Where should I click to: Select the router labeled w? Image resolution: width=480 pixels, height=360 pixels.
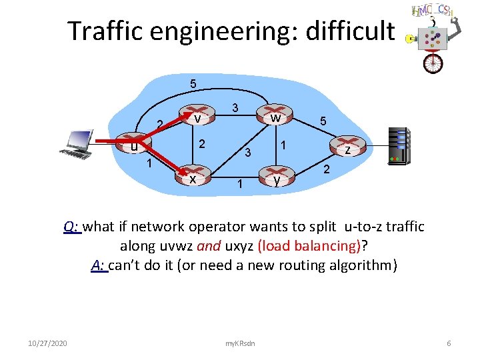click(x=273, y=116)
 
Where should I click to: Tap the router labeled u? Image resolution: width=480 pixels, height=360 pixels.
click(x=134, y=144)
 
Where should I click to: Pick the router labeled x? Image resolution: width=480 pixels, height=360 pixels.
click(x=193, y=177)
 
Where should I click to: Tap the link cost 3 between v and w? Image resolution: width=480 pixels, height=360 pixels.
click(x=235, y=107)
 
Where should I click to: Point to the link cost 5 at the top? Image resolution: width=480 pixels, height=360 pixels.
click(x=193, y=84)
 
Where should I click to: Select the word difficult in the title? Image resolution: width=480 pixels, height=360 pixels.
click(x=350, y=31)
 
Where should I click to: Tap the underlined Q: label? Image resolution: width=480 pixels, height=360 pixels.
click(x=73, y=227)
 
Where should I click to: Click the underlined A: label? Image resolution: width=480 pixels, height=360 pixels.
click(x=99, y=265)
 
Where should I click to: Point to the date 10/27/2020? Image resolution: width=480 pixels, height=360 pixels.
click(x=47, y=343)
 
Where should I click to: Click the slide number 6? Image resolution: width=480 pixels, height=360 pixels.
click(x=449, y=343)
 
